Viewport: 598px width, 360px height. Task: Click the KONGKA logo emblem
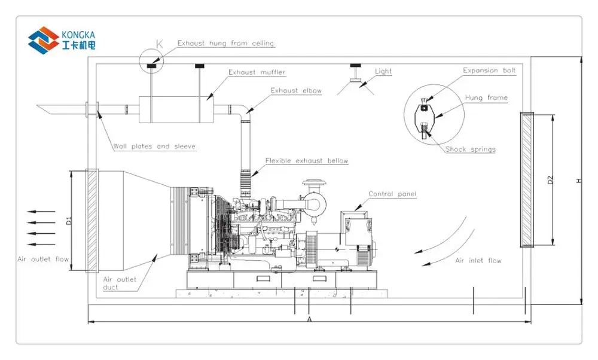[x=44, y=40]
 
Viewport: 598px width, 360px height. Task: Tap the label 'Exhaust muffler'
[x=257, y=72]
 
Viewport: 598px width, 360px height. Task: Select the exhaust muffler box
[x=176, y=109]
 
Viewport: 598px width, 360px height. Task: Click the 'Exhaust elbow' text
[x=296, y=91]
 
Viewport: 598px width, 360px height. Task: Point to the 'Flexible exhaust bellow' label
[x=307, y=161]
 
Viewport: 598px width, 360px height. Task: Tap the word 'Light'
[x=383, y=71]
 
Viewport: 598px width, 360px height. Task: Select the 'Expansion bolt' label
[x=489, y=71]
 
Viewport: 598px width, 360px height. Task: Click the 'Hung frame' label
[x=486, y=98]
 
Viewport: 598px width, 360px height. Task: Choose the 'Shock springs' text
[x=471, y=149]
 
